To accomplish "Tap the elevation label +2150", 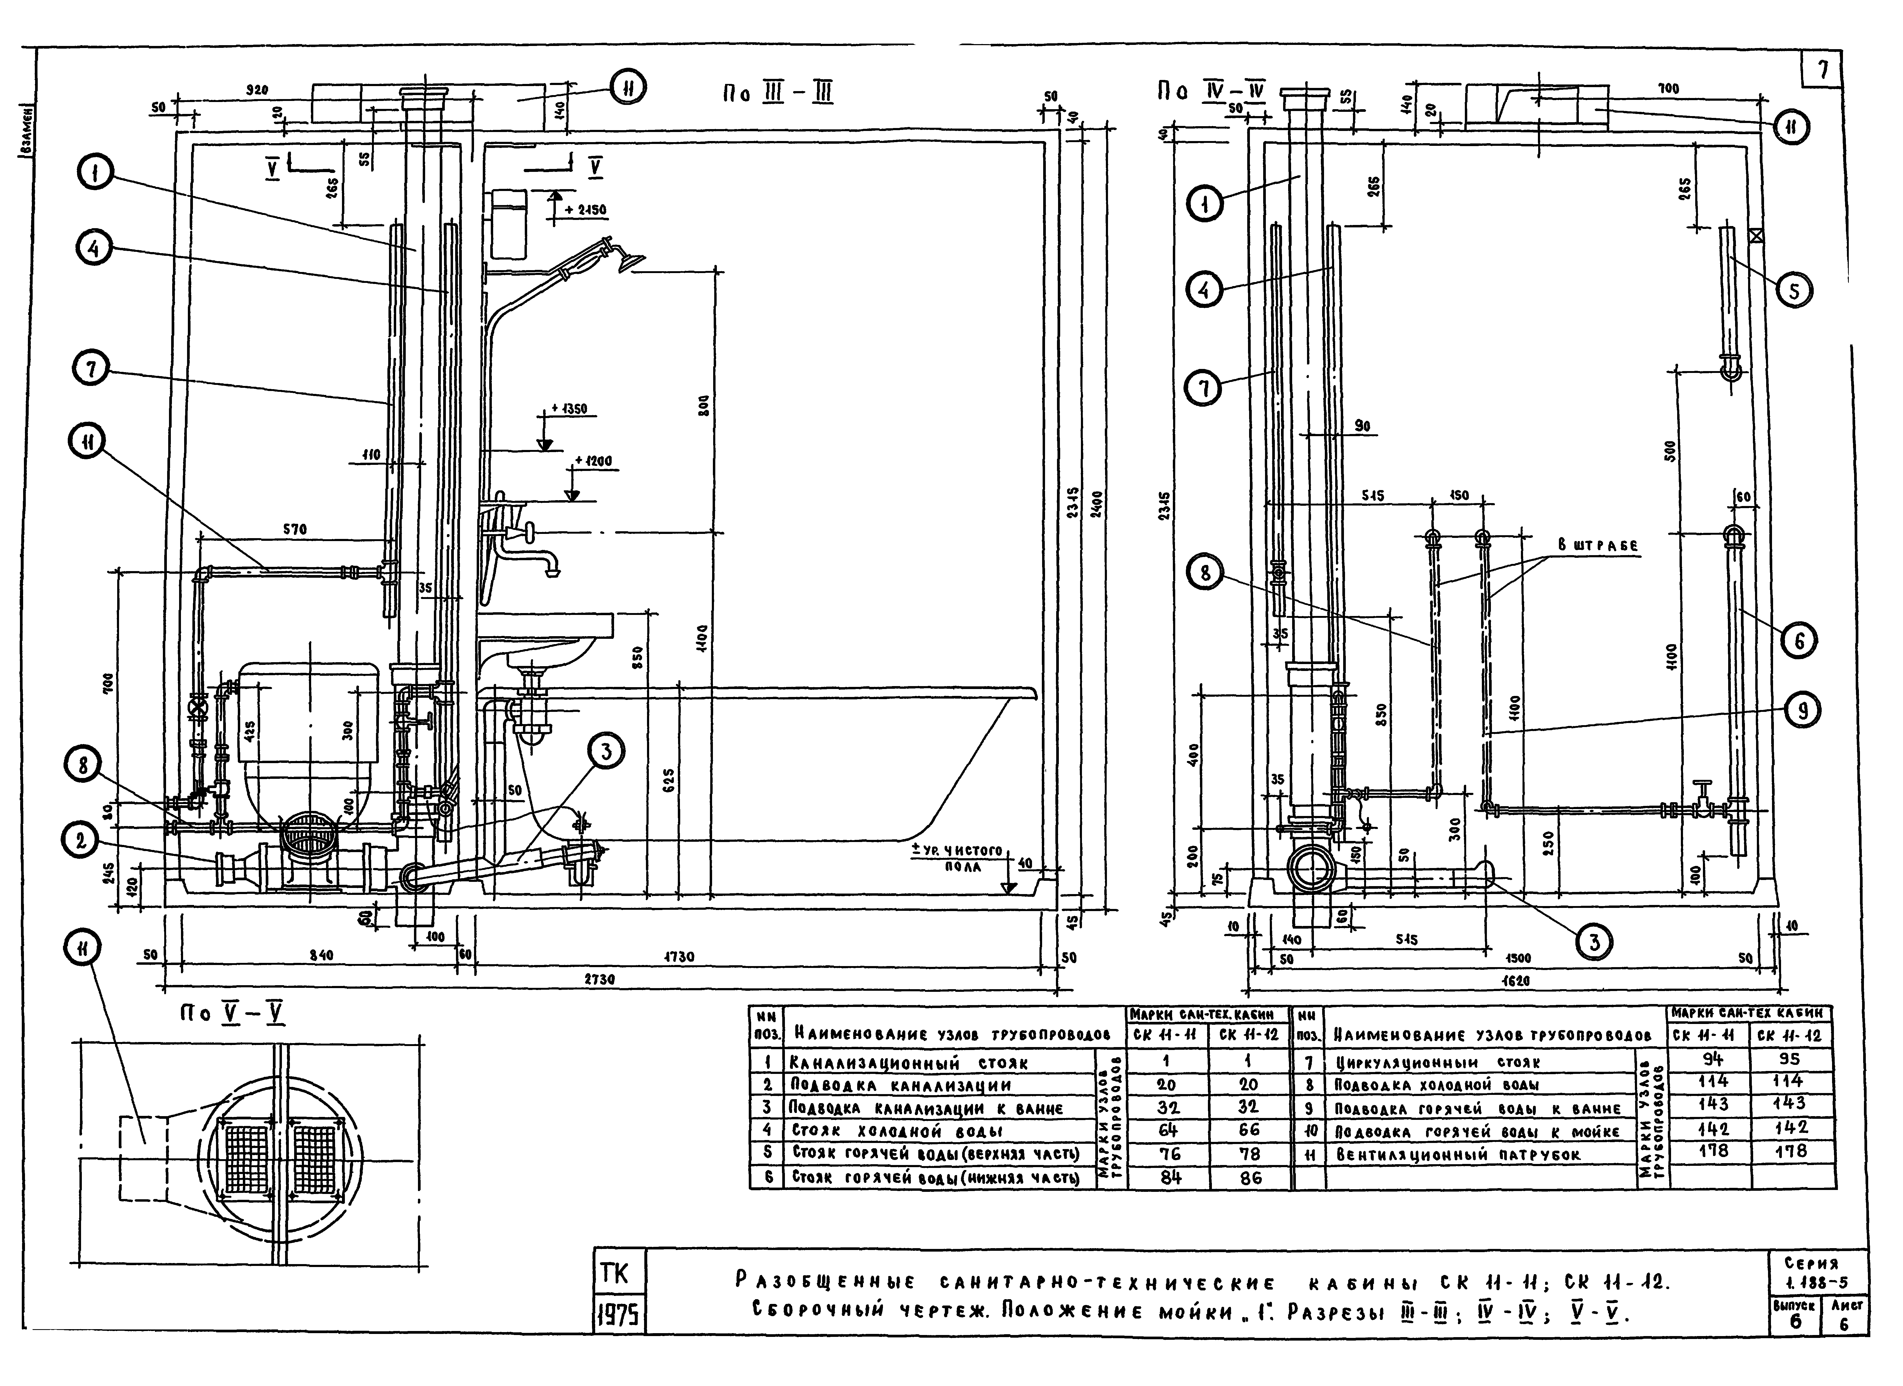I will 586,210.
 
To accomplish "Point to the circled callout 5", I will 1794,291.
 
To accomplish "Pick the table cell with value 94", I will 1712,1060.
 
